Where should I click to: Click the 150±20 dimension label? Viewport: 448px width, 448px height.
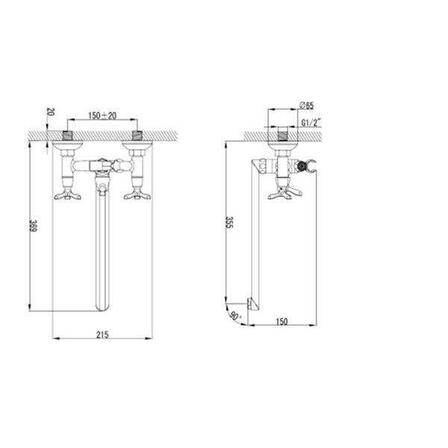click(x=102, y=116)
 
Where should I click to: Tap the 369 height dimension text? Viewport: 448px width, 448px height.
click(x=34, y=226)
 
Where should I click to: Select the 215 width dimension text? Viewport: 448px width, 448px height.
click(x=102, y=335)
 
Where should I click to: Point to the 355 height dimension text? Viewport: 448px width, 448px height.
click(x=229, y=223)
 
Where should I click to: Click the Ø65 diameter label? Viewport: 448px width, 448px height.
click(x=307, y=105)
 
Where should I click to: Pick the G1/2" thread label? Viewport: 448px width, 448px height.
click(x=311, y=122)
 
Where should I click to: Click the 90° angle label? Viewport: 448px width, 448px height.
click(x=235, y=317)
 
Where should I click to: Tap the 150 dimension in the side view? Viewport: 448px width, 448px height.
click(x=281, y=321)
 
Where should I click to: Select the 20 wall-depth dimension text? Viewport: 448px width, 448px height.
click(x=50, y=111)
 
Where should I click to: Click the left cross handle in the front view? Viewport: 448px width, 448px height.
click(x=68, y=196)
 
